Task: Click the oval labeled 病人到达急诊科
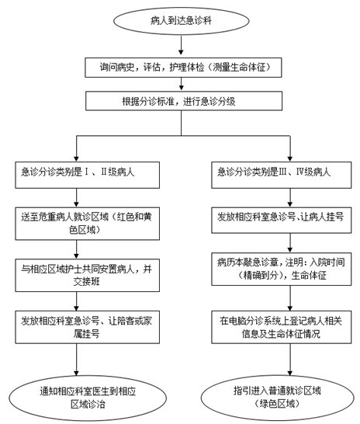[x=181, y=21]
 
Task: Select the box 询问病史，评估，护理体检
[x=183, y=68]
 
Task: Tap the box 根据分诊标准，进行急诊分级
[x=184, y=101]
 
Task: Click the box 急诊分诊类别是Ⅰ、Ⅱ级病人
[x=87, y=175]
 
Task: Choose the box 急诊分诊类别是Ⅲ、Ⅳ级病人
[x=282, y=175]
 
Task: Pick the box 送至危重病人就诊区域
[x=87, y=224]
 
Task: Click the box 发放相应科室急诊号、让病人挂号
[x=282, y=220]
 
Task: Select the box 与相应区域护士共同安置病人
[x=87, y=275]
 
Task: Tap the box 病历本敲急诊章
[x=282, y=269]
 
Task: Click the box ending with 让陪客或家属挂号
[x=87, y=327]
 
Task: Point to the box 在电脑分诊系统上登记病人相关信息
[x=282, y=327]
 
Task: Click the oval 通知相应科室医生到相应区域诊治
[x=88, y=398]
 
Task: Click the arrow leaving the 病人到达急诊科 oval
[x=181, y=44]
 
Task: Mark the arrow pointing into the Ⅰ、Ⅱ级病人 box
[x=77, y=148]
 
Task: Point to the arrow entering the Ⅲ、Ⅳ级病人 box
[x=290, y=148]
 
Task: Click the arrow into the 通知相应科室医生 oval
[x=77, y=360]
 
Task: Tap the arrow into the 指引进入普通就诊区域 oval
[x=290, y=360]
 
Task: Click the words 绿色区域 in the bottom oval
[x=277, y=404]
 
